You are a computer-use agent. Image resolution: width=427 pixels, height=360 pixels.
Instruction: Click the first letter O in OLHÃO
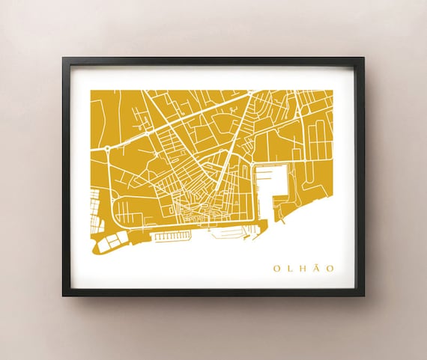[276, 268]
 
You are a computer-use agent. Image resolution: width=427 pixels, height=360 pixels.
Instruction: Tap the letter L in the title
[291, 268]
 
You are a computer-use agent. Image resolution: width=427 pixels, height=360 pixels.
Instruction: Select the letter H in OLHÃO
[303, 268]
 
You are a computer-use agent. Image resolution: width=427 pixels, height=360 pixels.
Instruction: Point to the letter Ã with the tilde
[317, 267]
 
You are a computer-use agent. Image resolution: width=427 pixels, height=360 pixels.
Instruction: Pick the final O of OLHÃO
[330, 268]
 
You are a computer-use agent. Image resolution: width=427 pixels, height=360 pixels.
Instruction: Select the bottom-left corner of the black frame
[64, 295]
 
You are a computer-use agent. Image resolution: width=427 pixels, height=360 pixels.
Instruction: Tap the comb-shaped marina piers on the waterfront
[172, 237]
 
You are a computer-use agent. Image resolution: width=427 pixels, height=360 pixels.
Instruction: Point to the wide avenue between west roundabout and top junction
[180, 120]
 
